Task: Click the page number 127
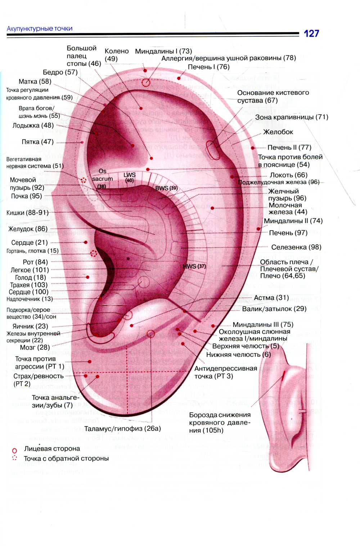(x=311, y=33)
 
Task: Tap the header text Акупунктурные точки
(x=40, y=29)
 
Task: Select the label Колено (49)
(x=116, y=55)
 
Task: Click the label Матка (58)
(x=35, y=81)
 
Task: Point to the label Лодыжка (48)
(x=33, y=126)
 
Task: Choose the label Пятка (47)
(x=37, y=142)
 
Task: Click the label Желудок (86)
(x=28, y=229)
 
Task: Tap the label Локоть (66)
(x=289, y=175)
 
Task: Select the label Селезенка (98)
(x=296, y=247)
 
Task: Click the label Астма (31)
(x=271, y=298)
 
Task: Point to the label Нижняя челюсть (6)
(x=238, y=355)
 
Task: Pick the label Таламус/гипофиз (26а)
(x=122, y=429)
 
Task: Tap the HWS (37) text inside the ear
(x=194, y=266)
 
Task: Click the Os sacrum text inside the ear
(x=102, y=175)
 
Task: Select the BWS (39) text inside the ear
(x=166, y=188)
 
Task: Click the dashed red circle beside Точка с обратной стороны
(x=14, y=458)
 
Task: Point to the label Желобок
(x=278, y=132)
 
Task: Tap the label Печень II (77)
(x=289, y=148)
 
